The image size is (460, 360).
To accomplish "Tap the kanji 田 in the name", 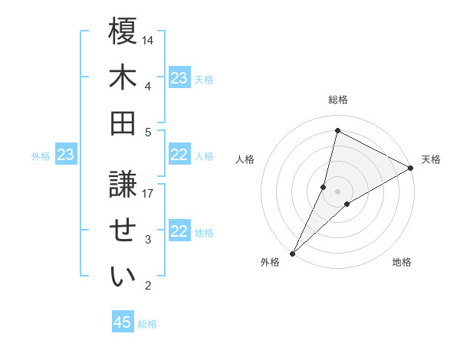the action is (x=123, y=123).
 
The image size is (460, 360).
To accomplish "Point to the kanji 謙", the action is (x=123, y=185).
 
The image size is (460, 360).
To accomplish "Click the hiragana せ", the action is (x=123, y=231).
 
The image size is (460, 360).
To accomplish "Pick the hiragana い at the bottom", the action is (x=123, y=277).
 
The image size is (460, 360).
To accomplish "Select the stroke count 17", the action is (x=149, y=194).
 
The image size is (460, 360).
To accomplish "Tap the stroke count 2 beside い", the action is (x=148, y=286).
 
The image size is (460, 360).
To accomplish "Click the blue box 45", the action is (x=123, y=322).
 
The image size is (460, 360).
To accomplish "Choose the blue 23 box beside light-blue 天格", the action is (x=179, y=78).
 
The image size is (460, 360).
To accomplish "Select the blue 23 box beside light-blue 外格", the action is (x=65, y=155).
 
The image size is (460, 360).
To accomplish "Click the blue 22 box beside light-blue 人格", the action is (x=179, y=155).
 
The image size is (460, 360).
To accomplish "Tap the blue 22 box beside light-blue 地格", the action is (x=179, y=232).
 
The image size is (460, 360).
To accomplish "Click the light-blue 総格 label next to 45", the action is (x=147, y=324).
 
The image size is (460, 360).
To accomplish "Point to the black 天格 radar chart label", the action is (x=431, y=159).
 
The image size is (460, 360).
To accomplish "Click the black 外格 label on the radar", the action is (x=270, y=262).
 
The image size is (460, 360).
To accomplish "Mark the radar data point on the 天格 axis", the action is (x=411, y=169).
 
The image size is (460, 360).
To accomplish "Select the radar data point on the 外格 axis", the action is (x=292, y=254).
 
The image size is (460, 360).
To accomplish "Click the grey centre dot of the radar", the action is (x=337, y=191).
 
